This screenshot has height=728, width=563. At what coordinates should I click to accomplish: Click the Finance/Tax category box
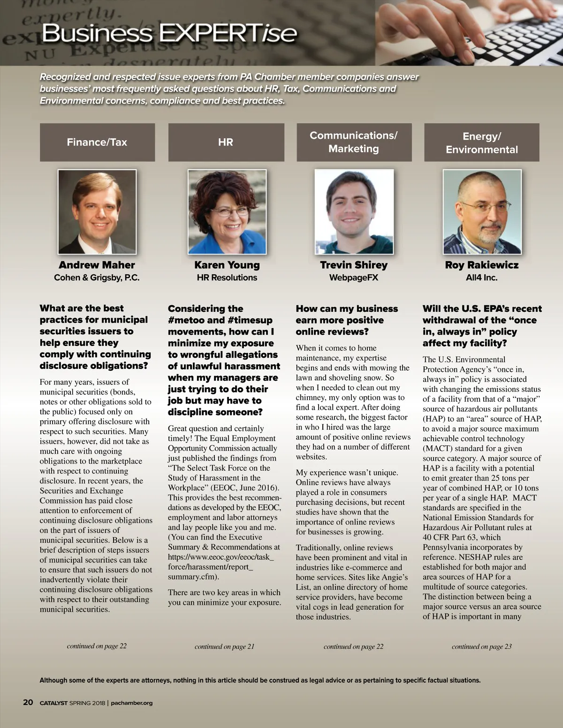tap(97, 143)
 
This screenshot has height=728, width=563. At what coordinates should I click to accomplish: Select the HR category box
tap(226, 143)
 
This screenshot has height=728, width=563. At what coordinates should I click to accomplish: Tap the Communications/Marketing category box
tap(354, 142)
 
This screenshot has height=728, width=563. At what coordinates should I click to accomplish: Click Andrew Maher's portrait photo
tap(97, 212)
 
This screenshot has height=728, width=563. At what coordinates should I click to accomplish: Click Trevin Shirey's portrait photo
tap(354, 212)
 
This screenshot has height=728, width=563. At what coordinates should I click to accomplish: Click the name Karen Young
tap(227, 265)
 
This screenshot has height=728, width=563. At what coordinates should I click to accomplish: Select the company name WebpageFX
tap(354, 278)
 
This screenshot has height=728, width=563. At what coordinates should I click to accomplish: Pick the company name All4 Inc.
tap(482, 278)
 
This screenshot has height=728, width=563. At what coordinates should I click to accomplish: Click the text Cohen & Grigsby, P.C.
tap(97, 278)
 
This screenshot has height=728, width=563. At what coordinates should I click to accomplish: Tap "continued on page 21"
tap(224, 647)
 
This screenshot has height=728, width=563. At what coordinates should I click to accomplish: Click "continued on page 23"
tap(481, 647)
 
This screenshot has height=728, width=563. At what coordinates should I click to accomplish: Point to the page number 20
tap(28, 702)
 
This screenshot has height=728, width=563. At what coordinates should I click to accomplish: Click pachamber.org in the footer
tap(132, 703)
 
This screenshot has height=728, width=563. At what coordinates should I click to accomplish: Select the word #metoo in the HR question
tap(186, 320)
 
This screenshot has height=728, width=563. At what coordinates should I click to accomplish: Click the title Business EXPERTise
tap(169, 33)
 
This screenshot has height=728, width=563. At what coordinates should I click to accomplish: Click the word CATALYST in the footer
tap(53, 703)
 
